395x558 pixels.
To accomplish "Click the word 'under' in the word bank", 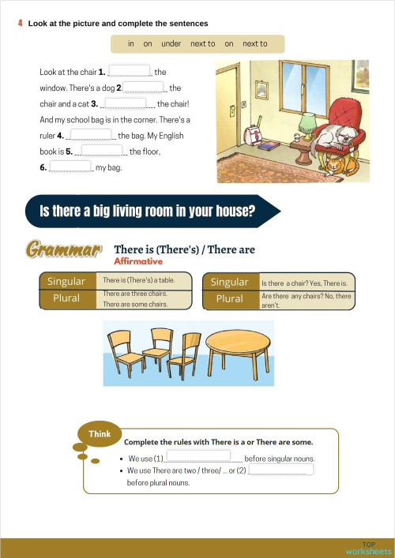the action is [x=171, y=44].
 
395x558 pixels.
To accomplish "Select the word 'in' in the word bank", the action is [x=131, y=44].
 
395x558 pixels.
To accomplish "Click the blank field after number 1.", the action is [x=129, y=72].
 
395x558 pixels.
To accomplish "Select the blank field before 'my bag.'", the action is [x=72, y=167].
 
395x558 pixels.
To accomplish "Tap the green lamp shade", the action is [x=307, y=121].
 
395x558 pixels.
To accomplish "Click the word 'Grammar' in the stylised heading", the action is [x=64, y=250].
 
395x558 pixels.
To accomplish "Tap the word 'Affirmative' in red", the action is [x=138, y=261].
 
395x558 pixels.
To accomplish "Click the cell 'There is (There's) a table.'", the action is [x=145, y=281].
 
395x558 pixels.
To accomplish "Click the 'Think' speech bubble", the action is [x=99, y=434].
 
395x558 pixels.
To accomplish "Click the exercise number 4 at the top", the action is [x=20, y=24].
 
